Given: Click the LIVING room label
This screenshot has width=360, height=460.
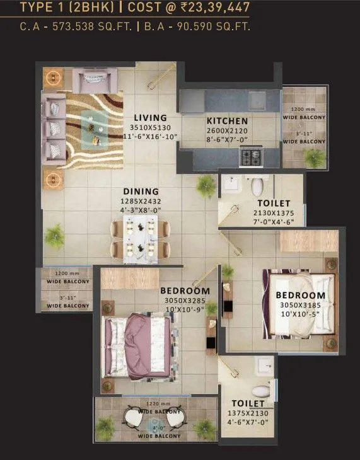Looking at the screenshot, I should (150, 118).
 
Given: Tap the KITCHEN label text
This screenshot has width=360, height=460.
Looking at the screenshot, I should (227, 121).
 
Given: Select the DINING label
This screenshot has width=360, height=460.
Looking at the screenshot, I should (141, 192).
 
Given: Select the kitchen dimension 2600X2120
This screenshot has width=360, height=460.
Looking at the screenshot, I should (227, 131).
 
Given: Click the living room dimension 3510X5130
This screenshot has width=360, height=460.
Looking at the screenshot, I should (150, 127).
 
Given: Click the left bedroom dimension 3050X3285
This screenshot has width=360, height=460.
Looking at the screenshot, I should (184, 301).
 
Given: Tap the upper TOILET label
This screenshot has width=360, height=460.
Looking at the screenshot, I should (273, 204).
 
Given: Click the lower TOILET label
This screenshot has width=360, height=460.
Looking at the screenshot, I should (247, 403).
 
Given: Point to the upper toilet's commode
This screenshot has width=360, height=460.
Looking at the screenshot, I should (257, 187).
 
